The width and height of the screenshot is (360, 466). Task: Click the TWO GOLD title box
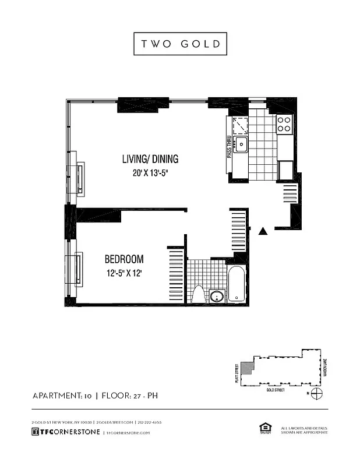(x=179, y=44)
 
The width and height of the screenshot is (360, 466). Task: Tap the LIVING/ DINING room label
(x=150, y=159)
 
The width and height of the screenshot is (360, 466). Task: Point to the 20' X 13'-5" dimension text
(x=150, y=172)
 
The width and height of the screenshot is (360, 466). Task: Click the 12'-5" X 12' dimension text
(x=124, y=273)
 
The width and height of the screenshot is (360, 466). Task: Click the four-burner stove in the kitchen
(x=284, y=123)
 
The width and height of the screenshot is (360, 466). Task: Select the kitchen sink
(x=240, y=144)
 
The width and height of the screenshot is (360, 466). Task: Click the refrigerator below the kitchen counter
(x=286, y=171)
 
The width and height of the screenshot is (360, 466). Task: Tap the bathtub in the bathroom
(x=237, y=284)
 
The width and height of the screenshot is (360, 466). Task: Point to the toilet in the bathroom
(x=197, y=295)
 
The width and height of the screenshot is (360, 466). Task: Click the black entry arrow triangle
(x=263, y=232)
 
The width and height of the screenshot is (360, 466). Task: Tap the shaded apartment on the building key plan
(x=248, y=368)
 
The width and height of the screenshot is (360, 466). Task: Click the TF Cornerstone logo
(x=65, y=432)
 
